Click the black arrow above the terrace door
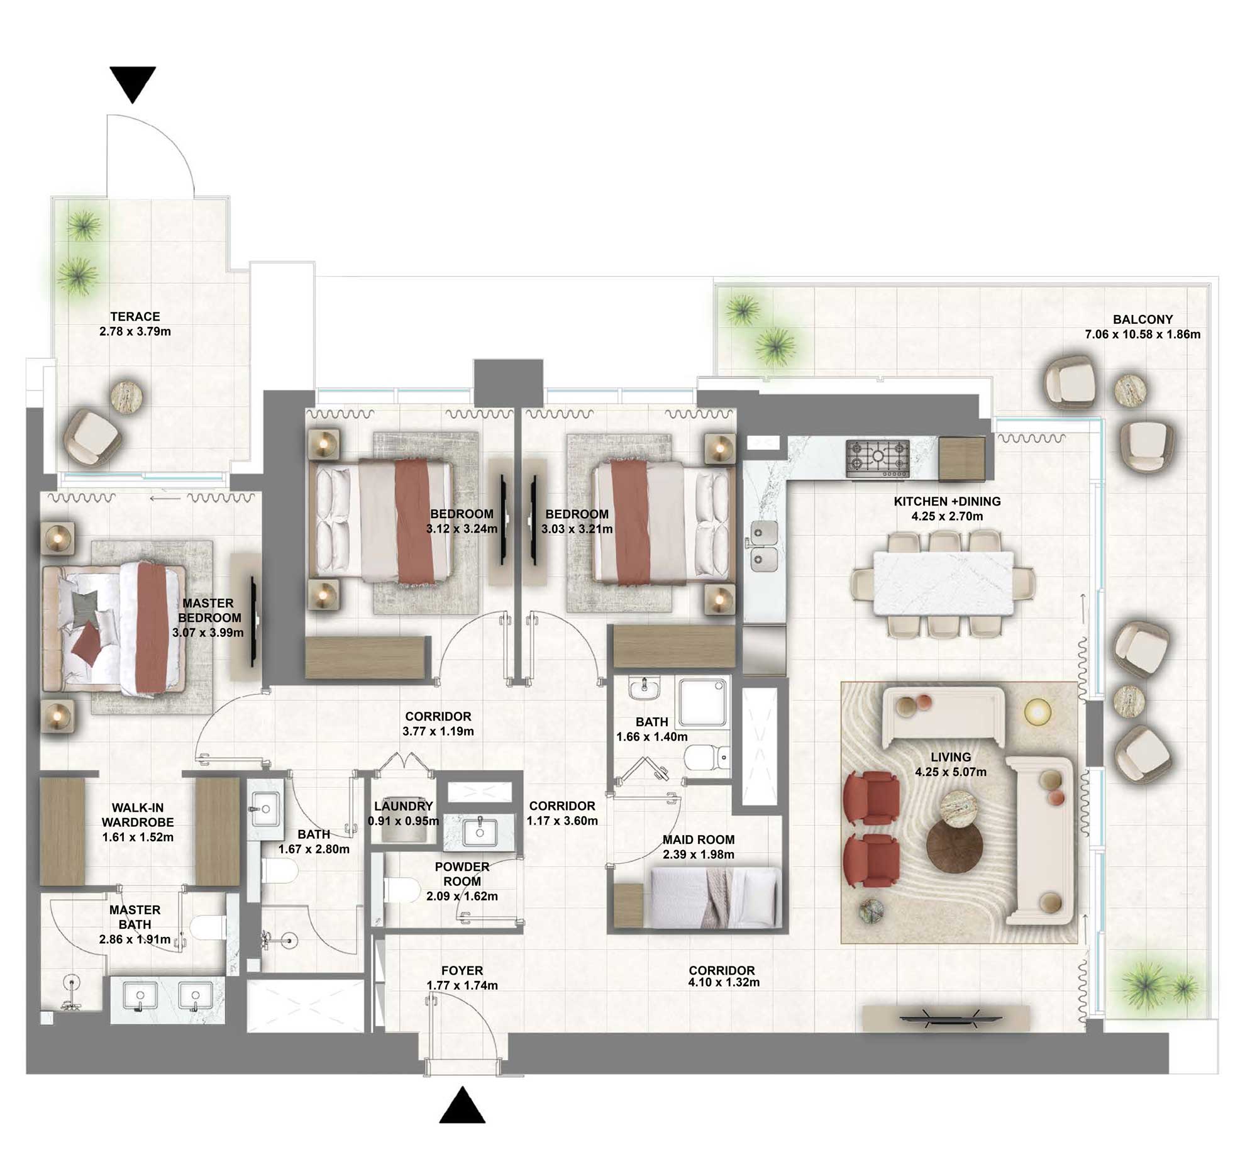[x=133, y=83]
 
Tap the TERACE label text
[x=135, y=317]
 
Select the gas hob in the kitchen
[x=878, y=458]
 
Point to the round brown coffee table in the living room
[x=954, y=847]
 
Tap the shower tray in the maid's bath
[x=704, y=702]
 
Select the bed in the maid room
[x=715, y=897]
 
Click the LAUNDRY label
[x=404, y=806]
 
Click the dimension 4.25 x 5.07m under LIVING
[x=951, y=772]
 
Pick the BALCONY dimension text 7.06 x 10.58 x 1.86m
[x=1143, y=335]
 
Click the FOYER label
[x=462, y=971]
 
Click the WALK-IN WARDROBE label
[x=138, y=815]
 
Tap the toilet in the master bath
[x=207, y=926]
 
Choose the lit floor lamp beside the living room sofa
[x=1037, y=712]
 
